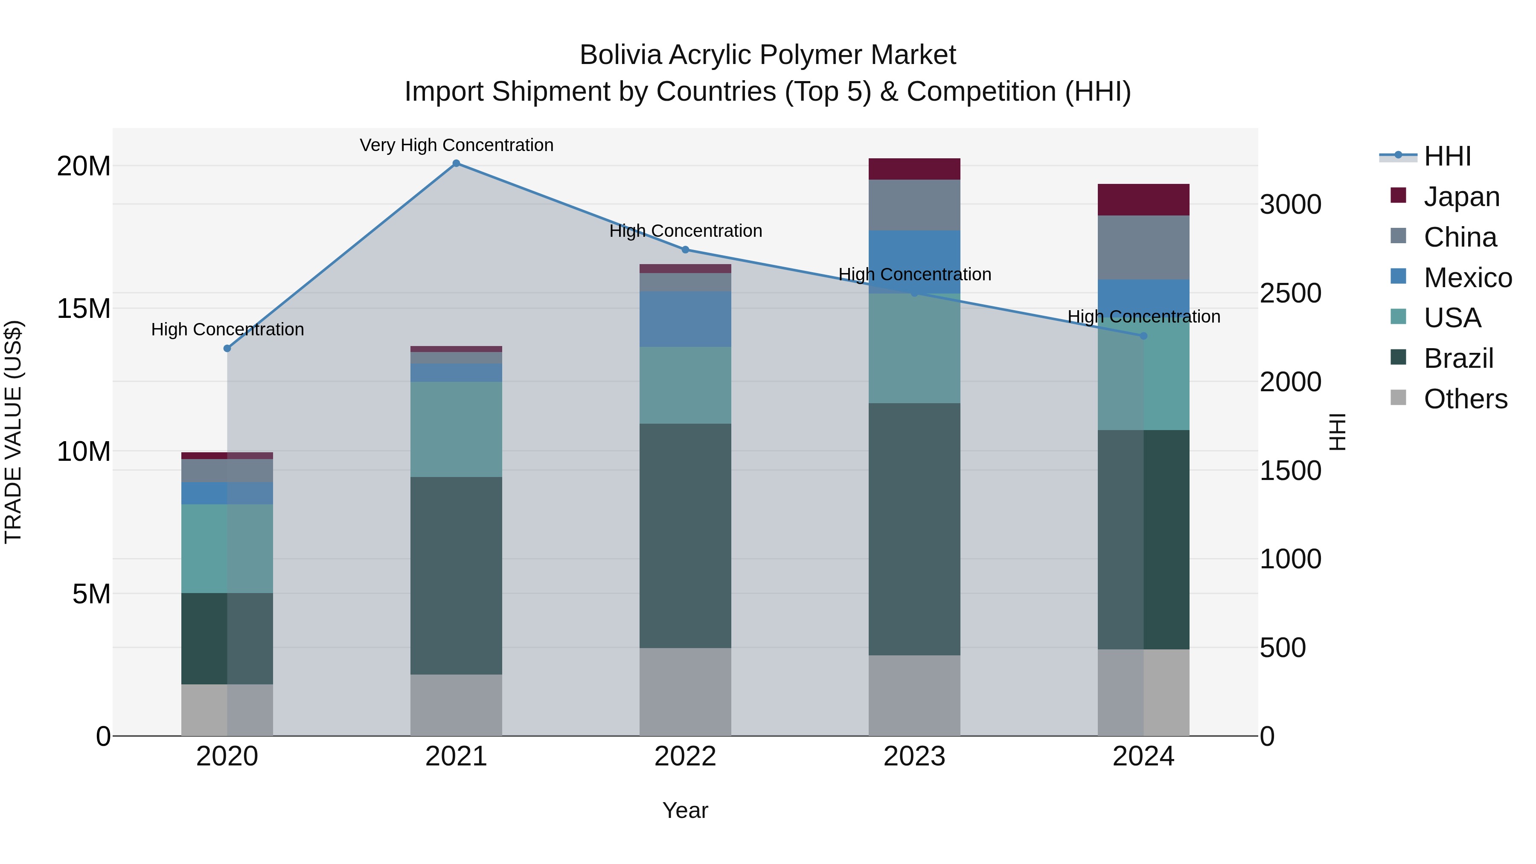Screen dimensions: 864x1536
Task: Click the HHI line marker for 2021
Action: click(x=456, y=163)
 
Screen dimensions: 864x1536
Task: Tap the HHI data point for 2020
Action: click(x=227, y=348)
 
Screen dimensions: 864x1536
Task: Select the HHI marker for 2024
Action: click(x=1143, y=336)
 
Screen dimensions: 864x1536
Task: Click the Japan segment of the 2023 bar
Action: click(x=914, y=169)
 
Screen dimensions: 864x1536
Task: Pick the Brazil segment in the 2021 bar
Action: click(x=456, y=576)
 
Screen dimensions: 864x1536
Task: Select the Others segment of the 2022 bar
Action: click(x=685, y=692)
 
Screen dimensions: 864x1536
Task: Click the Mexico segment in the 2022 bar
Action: click(x=685, y=319)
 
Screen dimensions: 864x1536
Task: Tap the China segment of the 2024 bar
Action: click(x=1143, y=247)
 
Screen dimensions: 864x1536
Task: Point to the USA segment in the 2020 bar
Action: click(x=227, y=549)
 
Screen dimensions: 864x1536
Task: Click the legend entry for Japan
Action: click(x=1461, y=197)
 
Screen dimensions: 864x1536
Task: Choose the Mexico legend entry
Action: click(x=1467, y=278)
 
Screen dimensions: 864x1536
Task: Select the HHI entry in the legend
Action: click(x=1447, y=156)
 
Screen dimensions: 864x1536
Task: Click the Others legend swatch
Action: click(x=1398, y=398)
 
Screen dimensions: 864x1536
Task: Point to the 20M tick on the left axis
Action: click(x=84, y=166)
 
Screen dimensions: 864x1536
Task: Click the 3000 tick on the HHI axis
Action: click(x=1290, y=204)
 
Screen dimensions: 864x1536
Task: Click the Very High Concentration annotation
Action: click(x=457, y=145)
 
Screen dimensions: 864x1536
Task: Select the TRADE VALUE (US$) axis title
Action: click(x=13, y=432)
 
